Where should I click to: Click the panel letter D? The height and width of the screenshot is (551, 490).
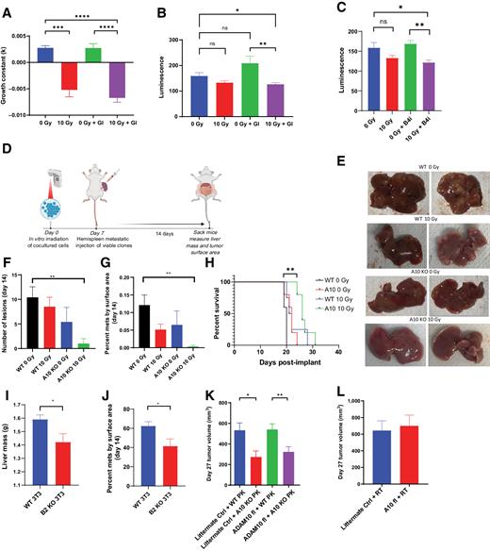8,146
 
